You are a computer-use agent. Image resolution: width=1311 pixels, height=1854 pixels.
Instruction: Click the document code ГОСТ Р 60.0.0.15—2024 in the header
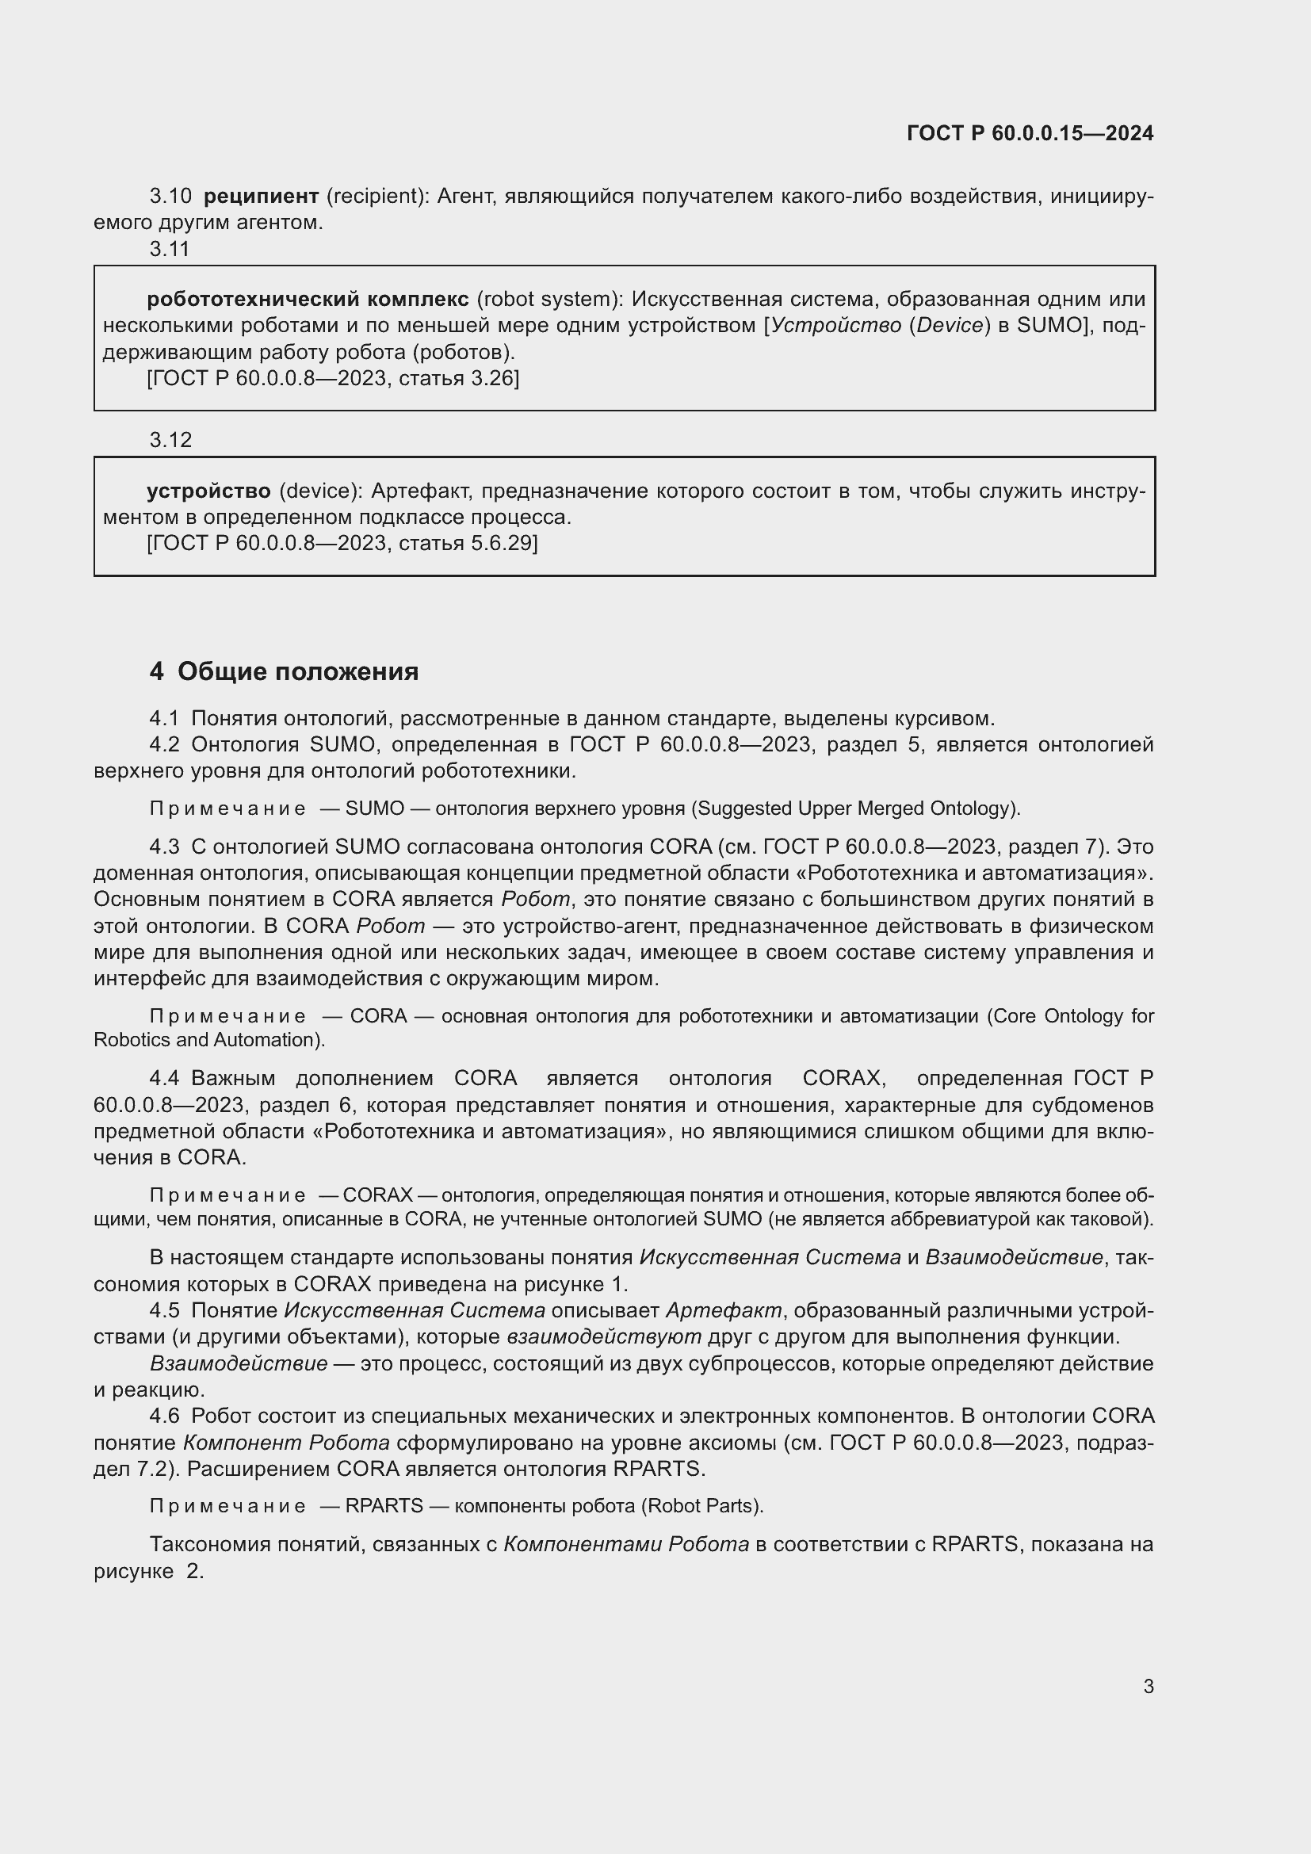pyautogui.click(x=1030, y=133)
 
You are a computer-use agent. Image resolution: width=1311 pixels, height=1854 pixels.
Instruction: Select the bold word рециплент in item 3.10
pyautogui.click(x=261, y=197)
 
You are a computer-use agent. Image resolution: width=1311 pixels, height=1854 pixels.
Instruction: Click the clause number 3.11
pyautogui.click(x=170, y=250)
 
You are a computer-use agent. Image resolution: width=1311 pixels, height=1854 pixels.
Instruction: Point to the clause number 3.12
pyautogui.click(x=170, y=440)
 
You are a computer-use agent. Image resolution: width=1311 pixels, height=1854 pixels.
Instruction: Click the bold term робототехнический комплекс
pyautogui.click(x=308, y=300)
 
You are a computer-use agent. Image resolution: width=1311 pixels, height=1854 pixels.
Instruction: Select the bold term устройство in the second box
pyautogui.click(x=208, y=491)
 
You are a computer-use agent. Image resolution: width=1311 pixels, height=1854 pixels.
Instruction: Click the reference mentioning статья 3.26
pyautogui.click(x=333, y=378)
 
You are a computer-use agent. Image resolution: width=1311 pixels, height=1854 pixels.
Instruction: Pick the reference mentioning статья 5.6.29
pyautogui.click(x=342, y=543)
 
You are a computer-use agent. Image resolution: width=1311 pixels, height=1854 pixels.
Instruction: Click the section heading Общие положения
pyautogui.click(x=298, y=672)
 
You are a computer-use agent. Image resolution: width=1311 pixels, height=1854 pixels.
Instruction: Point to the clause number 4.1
pyautogui.click(x=164, y=719)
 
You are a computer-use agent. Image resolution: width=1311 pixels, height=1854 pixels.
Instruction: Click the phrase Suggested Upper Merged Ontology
pyautogui.click(x=856, y=808)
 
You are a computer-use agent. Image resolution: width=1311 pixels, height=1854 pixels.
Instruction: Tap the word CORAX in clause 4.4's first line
pyautogui.click(x=839, y=1078)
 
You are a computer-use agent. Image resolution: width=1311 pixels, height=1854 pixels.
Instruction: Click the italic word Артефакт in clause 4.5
pyautogui.click(x=724, y=1309)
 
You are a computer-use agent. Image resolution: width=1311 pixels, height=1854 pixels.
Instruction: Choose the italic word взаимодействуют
pyautogui.click(x=604, y=1336)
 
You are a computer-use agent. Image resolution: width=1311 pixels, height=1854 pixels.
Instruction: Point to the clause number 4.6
pyautogui.click(x=164, y=1416)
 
